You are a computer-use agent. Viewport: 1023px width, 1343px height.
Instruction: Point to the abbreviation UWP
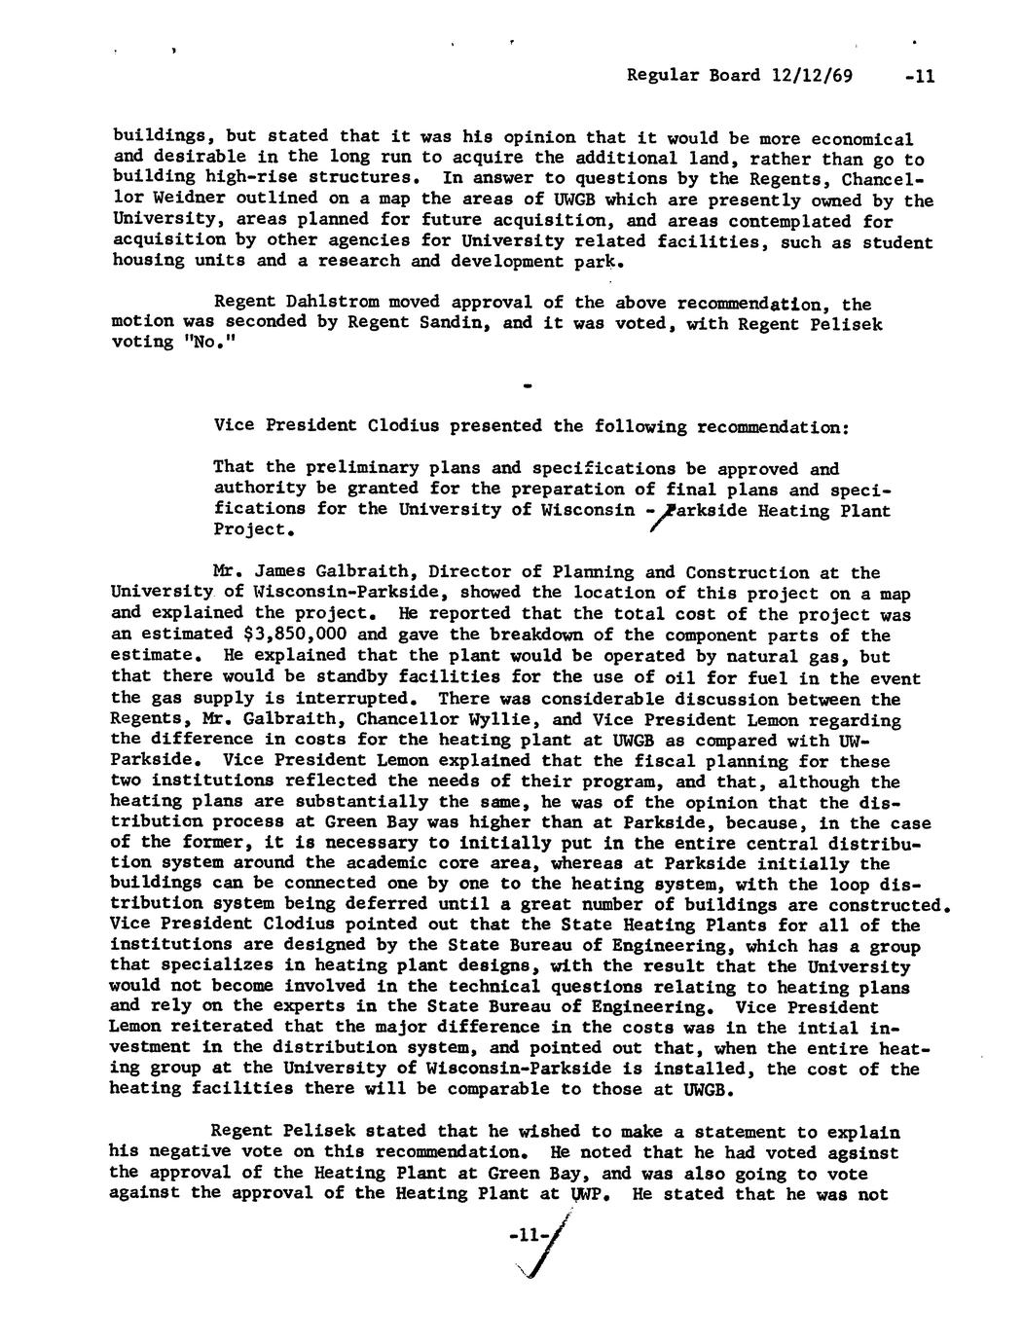[590, 1193]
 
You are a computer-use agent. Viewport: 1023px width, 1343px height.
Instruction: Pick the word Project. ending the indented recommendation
[254, 531]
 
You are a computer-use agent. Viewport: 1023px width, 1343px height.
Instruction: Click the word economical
[861, 137]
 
